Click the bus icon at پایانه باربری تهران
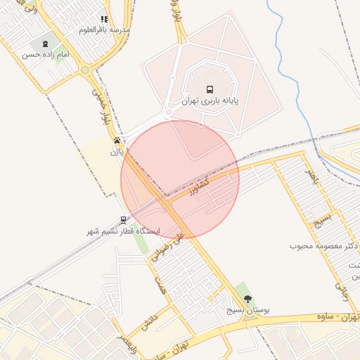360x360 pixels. pyautogui.click(x=210, y=89)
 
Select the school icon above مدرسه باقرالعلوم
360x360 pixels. pyautogui.click(x=105, y=20)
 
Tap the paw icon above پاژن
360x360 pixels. pyautogui.click(x=117, y=140)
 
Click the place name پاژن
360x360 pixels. pyautogui.click(x=116, y=150)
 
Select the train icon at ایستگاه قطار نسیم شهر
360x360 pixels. pyautogui.click(x=124, y=219)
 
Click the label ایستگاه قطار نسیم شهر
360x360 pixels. pyautogui.click(x=124, y=231)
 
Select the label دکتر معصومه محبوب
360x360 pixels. pyautogui.click(x=323, y=247)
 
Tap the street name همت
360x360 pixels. pyautogui.click(x=162, y=284)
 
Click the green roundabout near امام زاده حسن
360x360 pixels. pyautogui.click(x=85, y=70)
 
